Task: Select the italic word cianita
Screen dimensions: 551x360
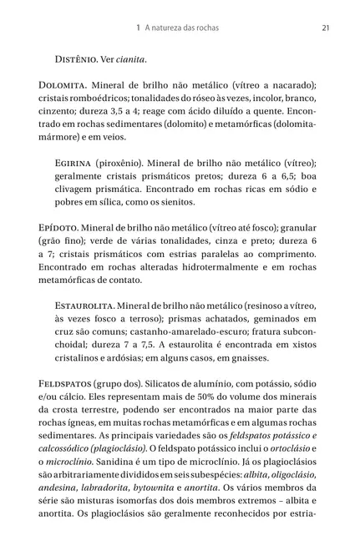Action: coord(131,59)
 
